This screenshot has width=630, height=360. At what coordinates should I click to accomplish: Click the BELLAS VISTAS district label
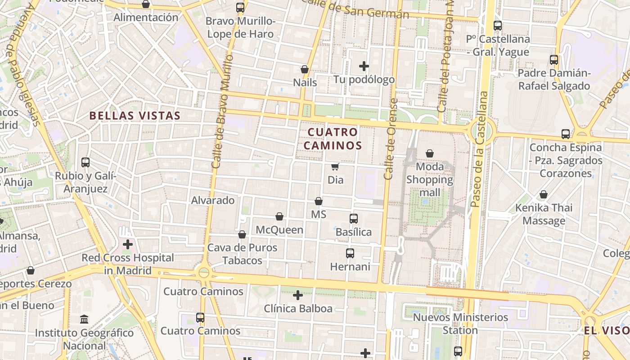coord(135,116)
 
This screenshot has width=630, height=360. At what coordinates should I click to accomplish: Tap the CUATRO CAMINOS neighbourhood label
coord(333,139)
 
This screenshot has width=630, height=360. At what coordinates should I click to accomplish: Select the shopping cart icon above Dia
coord(335,167)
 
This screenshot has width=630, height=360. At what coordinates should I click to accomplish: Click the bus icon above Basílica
coord(354,219)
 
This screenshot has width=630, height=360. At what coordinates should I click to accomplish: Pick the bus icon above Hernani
coord(350,253)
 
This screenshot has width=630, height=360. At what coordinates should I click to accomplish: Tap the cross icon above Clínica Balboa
coord(297,295)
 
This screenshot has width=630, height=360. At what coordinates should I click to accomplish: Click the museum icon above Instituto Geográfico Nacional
coord(84,319)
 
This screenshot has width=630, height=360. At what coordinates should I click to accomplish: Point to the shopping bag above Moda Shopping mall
coord(430,153)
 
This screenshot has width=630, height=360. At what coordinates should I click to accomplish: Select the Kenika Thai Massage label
coord(544,214)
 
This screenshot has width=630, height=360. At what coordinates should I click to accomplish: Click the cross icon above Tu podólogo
coord(364,67)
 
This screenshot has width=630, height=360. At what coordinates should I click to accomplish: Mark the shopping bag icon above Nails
coord(305,69)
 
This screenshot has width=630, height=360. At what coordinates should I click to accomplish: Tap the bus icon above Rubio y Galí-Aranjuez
coord(85,162)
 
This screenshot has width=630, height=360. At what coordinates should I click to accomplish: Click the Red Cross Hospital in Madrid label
coord(127,264)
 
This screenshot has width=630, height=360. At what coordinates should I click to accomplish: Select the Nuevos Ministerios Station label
coord(460,324)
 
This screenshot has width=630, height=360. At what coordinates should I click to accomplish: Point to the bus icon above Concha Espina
coord(566,134)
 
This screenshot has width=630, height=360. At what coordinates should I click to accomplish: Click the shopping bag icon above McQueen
coord(279,217)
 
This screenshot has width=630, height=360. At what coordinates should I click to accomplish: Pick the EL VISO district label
coord(607,331)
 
